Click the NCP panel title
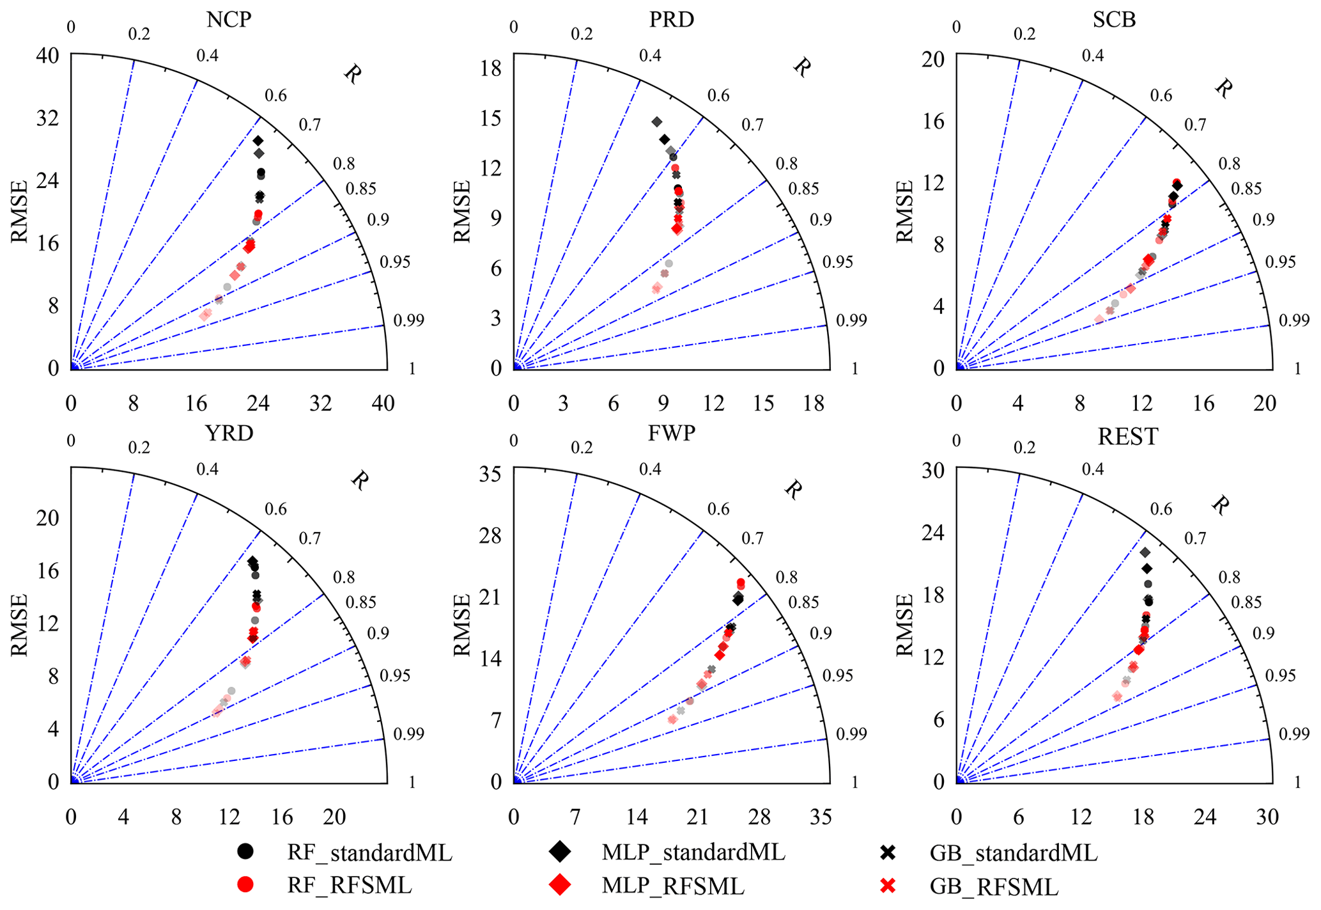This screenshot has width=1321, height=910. [x=229, y=19]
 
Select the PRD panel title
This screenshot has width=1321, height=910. [x=671, y=19]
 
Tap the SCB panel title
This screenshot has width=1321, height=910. [x=1114, y=19]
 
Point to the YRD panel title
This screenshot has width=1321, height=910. [x=229, y=433]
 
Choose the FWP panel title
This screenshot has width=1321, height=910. [x=671, y=433]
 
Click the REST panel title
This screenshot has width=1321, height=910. [x=1127, y=437]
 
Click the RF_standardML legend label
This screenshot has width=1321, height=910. [x=369, y=852]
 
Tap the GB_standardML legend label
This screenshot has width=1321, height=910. [x=1014, y=852]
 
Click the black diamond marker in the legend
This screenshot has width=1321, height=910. [x=560, y=851]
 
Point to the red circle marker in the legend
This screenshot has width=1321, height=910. [x=245, y=885]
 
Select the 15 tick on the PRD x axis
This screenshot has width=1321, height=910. [x=764, y=403]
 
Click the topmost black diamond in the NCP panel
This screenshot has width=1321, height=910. [x=258, y=141]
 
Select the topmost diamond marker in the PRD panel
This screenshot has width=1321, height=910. [x=656, y=122]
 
